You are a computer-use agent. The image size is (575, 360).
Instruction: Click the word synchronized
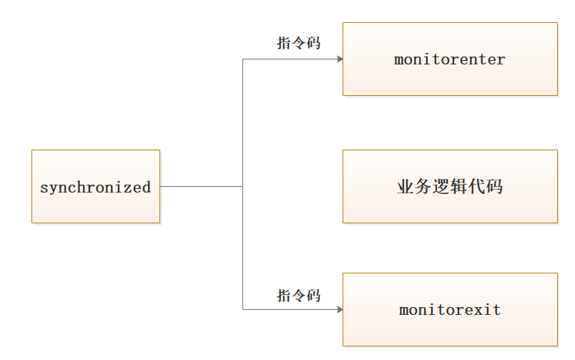(x=95, y=188)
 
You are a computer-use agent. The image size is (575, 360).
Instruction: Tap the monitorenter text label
(x=449, y=59)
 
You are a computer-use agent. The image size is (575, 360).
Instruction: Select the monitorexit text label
(x=449, y=310)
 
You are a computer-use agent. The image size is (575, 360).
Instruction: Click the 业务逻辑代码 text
(x=449, y=187)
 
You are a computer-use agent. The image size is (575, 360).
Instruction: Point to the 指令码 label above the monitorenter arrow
(x=298, y=43)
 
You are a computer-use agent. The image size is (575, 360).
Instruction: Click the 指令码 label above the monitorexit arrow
(x=298, y=295)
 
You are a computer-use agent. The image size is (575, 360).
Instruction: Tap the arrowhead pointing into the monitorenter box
(x=339, y=59)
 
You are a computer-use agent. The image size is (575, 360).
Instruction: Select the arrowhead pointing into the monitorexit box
(x=339, y=309)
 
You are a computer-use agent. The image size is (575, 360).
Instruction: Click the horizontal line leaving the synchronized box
(x=200, y=186)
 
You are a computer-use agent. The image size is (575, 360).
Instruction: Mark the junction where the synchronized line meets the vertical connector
(x=243, y=186)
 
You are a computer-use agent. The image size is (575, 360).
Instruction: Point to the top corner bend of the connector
(x=243, y=59)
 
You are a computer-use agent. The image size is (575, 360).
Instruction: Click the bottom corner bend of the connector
(x=243, y=309)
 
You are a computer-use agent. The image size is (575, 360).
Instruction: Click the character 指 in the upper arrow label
(x=284, y=43)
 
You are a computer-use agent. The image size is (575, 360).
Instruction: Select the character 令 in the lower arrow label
(x=298, y=295)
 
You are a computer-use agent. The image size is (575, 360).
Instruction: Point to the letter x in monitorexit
(x=476, y=311)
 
